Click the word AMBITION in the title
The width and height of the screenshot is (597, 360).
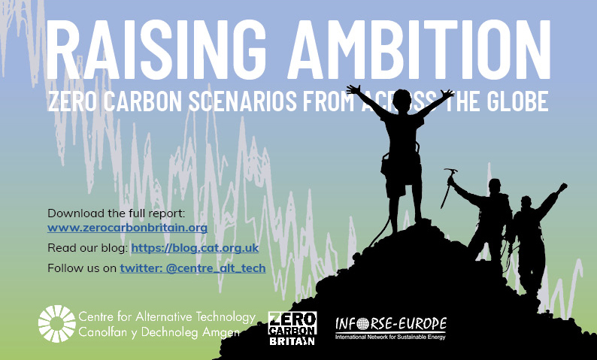click(x=419, y=50)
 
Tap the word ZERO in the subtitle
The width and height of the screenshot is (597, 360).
click(x=73, y=101)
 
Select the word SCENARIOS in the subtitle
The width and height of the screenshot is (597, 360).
click(x=243, y=101)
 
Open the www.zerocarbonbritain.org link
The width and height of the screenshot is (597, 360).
click(x=128, y=228)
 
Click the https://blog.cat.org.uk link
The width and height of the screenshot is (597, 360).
click(x=195, y=248)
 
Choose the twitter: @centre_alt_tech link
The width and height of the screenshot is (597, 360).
click(x=192, y=268)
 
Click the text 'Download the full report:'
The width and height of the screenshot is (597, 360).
click(x=116, y=213)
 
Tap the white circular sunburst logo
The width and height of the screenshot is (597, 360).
click(x=57, y=324)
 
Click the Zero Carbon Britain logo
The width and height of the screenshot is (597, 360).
click(x=292, y=328)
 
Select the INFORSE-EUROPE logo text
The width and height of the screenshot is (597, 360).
click(x=391, y=324)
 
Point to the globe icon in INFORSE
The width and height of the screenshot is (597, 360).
click(x=363, y=324)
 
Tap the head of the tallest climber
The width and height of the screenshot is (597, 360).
click(x=402, y=100)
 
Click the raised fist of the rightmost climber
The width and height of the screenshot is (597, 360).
click(x=562, y=187)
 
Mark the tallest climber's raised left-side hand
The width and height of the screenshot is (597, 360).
click(x=353, y=89)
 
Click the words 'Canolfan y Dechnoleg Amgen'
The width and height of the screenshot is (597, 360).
click(x=159, y=332)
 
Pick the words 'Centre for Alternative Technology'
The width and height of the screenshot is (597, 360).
click(x=167, y=316)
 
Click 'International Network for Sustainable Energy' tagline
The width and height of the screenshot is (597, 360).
click(x=390, y=337)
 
